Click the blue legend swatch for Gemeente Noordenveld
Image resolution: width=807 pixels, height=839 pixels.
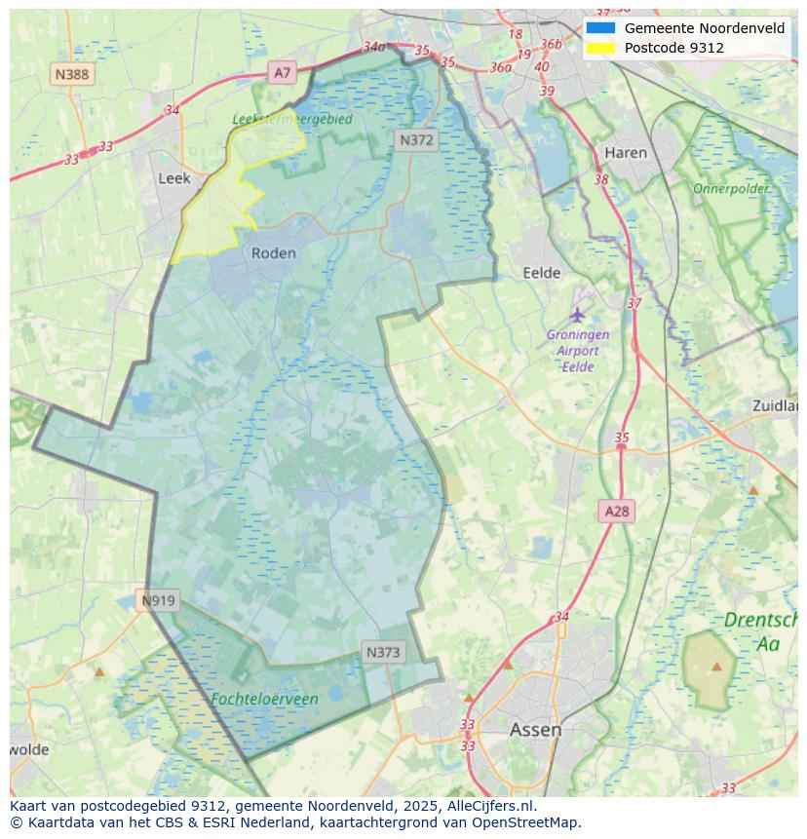coord(600,28)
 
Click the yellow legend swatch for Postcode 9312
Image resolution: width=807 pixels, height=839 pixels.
coord(600,48)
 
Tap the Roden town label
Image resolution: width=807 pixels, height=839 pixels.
coord(273,253)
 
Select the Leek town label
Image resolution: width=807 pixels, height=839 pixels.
coord(174,178)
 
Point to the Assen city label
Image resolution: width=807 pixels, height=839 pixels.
coord(535,730)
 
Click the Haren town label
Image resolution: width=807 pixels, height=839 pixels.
coord(626,153)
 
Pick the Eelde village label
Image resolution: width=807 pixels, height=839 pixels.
coord(542,274)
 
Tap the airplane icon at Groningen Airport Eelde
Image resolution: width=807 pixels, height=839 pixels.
coord(578,315)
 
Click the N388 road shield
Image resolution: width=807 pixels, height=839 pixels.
coord(73,74)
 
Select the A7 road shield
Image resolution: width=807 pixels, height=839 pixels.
coord(283,72)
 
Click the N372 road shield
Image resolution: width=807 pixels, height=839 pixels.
coord(416,140)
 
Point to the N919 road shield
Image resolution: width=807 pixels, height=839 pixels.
coord(158,600)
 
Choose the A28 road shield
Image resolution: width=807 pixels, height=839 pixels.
coord(617,511)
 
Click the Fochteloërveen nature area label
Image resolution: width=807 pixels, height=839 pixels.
coord(264,699)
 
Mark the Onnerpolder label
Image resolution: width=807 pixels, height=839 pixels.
coord(731,188)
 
